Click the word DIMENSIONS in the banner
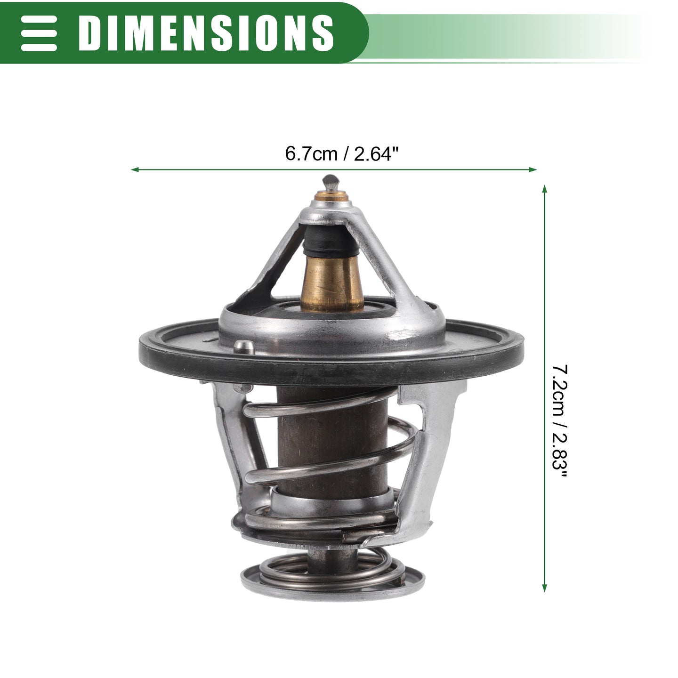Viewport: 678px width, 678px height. tap(206, 33)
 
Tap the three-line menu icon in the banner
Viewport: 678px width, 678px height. tap(39, 33)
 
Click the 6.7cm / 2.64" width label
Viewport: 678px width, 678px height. tap(342, 154)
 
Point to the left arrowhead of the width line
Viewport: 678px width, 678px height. tap(134, 169)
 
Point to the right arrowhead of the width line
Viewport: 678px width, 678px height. tap(533, 169)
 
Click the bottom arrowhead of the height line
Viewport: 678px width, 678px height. tap(545, 588)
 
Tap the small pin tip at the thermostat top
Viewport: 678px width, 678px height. tap(331, 183)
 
